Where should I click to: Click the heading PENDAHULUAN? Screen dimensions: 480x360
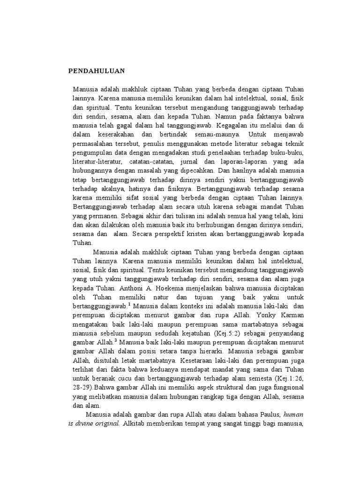click(96, 71)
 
